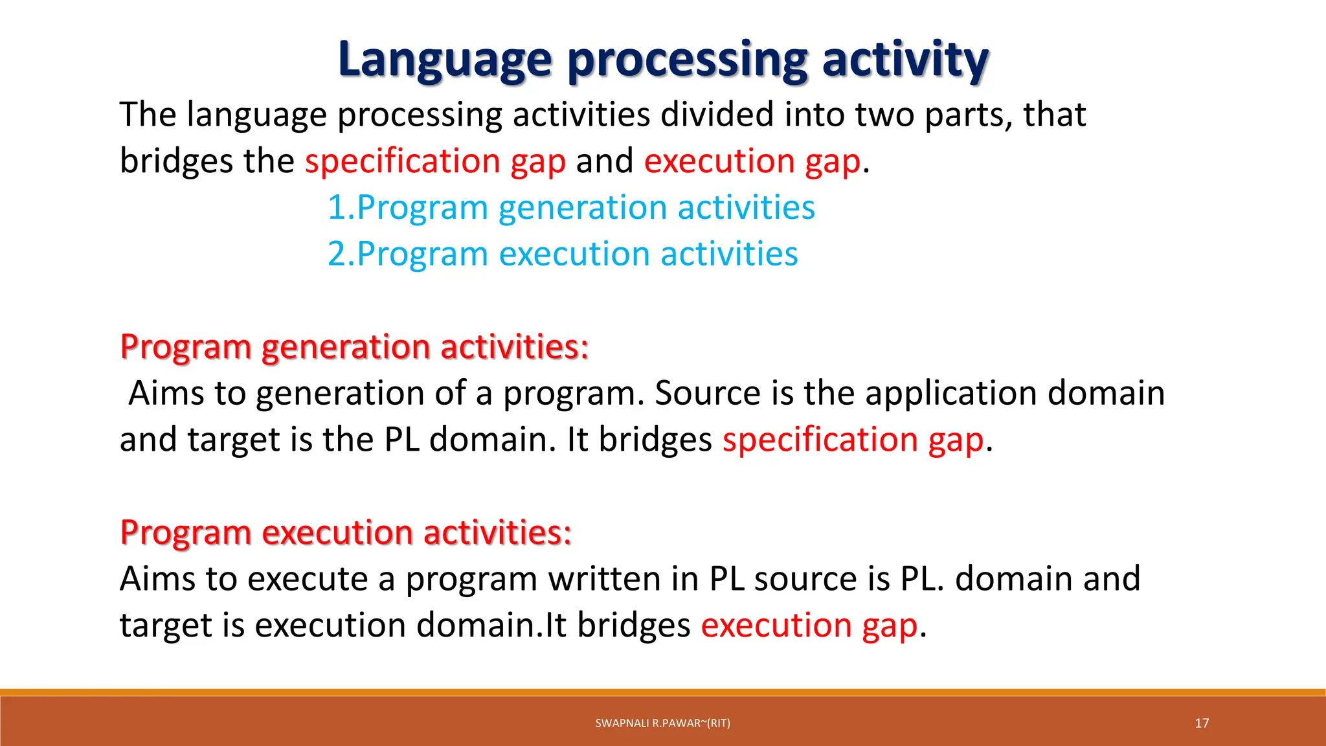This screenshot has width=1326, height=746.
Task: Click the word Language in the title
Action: click(444, 60)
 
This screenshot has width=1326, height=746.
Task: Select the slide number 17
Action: click(1202, 723)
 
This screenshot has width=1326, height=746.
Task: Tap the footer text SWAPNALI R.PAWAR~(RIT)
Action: click(662, 723)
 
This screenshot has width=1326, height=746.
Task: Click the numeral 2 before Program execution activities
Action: click(337, 254)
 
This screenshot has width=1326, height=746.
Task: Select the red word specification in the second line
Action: click(402, 161)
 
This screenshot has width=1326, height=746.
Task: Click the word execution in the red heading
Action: click(337, 533)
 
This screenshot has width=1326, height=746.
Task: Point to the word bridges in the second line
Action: click(175, 161)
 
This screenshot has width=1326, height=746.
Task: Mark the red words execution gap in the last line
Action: click(809, 626)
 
